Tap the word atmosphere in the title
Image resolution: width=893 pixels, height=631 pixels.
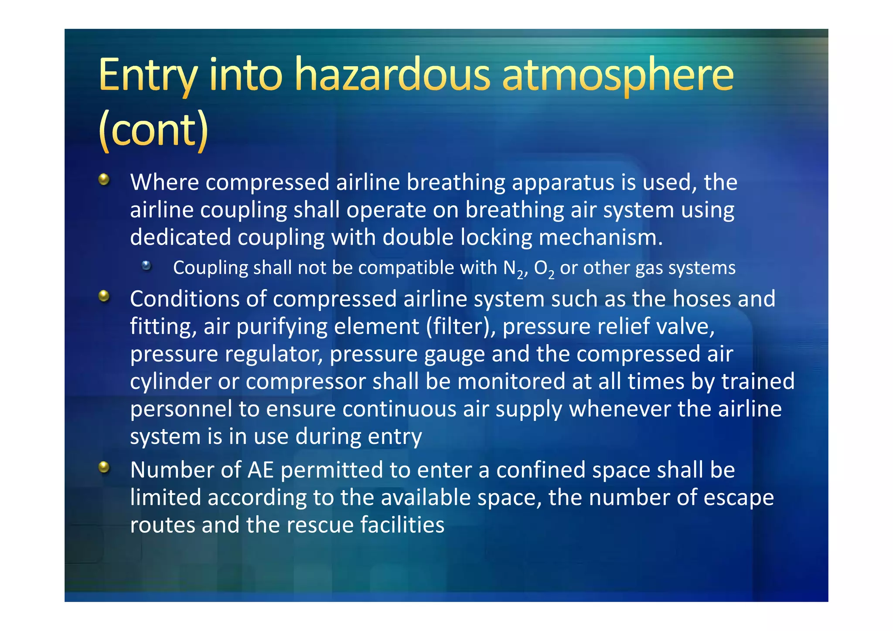618,75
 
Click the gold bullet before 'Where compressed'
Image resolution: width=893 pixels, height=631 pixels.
104,179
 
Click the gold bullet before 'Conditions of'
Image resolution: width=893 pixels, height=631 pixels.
104,296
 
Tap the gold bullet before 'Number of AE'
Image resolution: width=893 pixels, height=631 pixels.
104,467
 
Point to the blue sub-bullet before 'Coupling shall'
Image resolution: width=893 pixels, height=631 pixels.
147,266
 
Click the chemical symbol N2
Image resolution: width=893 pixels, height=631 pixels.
513,269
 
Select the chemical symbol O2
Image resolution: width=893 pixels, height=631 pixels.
544,269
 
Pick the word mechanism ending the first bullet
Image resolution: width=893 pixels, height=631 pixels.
600,238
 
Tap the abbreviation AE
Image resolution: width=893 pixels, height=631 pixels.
261,470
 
